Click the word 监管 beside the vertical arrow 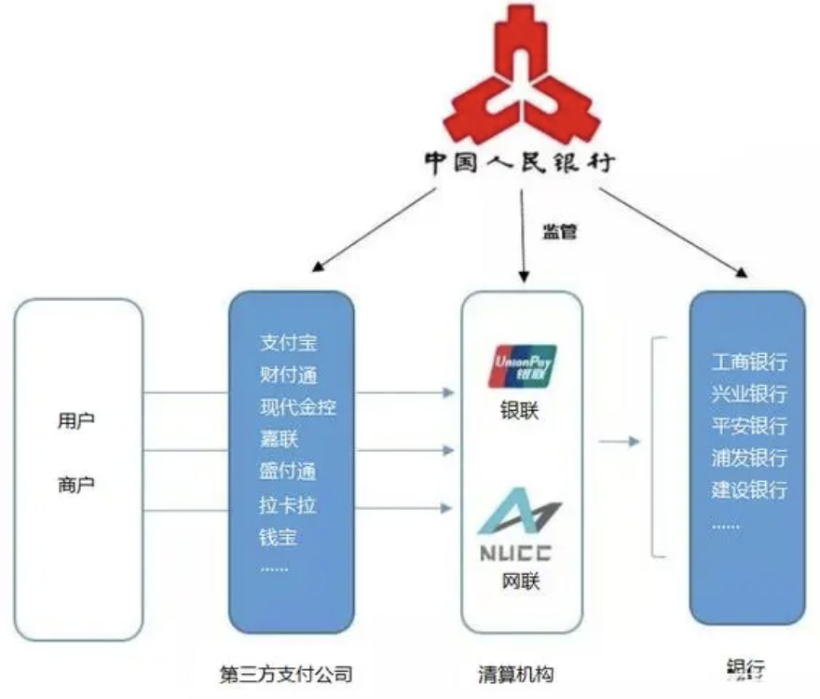(x=561, y=231)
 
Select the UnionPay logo (x=522, y=365)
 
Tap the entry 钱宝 (x=279, y=537)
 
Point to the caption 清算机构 (x=521, y=672)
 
